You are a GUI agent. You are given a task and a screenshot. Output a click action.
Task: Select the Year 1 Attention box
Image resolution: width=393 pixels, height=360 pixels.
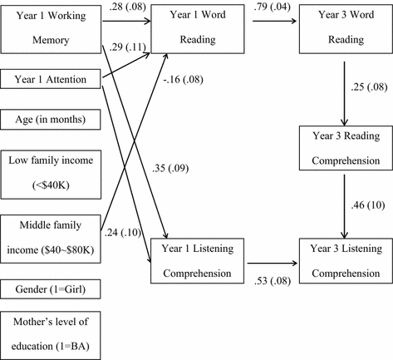coord(52,80)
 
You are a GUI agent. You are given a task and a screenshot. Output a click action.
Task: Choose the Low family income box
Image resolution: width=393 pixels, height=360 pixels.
coord(52,169)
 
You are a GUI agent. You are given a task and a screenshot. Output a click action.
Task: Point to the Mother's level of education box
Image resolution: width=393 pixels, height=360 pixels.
coord(52,333)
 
